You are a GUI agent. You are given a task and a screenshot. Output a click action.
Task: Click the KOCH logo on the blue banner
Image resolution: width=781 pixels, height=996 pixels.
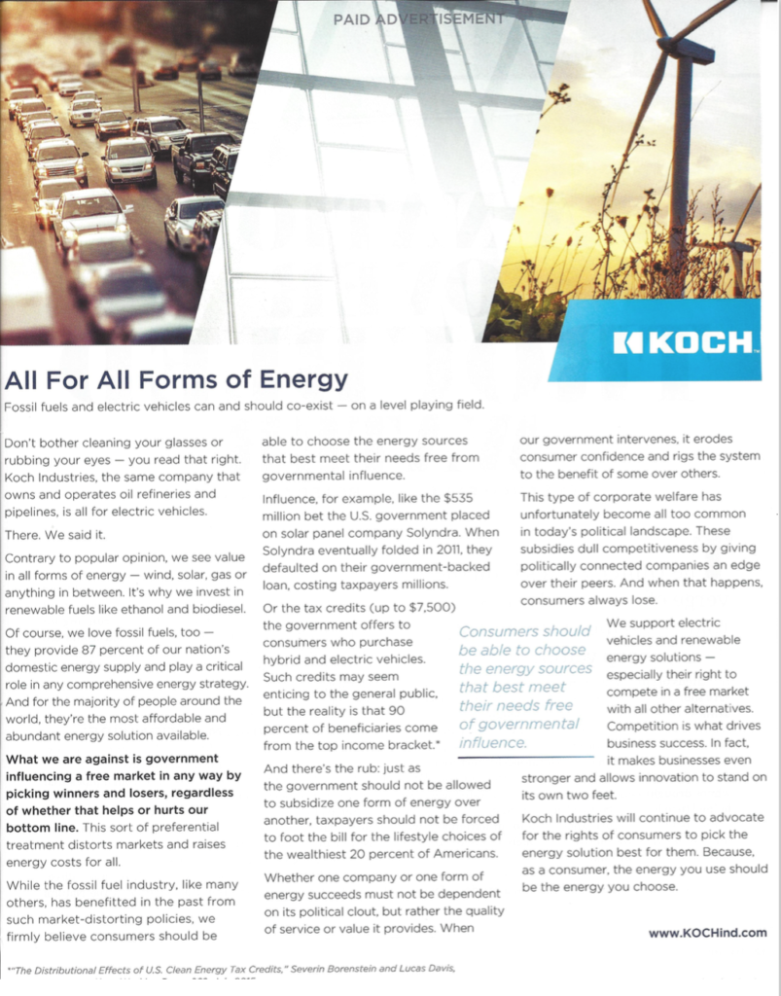pyautogui.click(x=684, y=342)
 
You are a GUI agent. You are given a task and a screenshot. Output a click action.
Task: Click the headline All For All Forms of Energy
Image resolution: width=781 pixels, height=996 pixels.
pyautogui.click(x=176, y=378)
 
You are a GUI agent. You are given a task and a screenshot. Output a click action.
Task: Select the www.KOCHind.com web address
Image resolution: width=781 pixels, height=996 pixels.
pyautogui.click(x=707, y=932)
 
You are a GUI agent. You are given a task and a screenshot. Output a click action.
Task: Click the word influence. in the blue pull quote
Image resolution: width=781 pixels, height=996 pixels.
pyautogui.click(x=492, y=742)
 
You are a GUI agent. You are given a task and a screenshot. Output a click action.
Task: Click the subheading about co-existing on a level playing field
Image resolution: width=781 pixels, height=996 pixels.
pyautogui.click(x=243, y=404)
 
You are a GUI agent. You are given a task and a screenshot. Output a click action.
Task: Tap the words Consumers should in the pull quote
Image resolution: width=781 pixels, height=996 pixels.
pyautogui.click(x=524, y=631)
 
